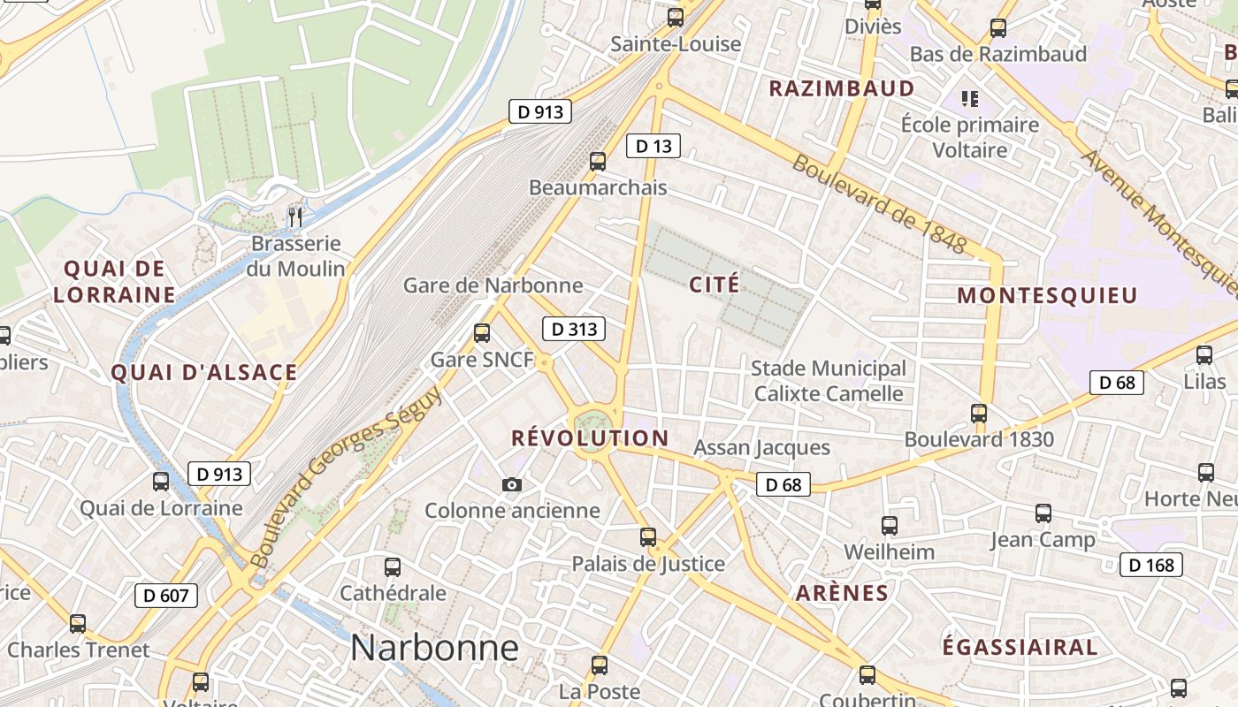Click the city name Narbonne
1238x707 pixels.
click(434, 648)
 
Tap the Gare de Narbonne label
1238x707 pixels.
click(493, 285)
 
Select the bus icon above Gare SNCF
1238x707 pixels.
click(482, 333)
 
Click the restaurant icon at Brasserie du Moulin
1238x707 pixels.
click(295, 217)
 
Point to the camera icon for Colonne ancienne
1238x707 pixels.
click(511, 484)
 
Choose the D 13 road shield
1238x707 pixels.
click(653, 146)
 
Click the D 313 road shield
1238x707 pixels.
click(574, 330)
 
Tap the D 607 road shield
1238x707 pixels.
click(166, 596)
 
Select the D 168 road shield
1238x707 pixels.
click(1151, 565)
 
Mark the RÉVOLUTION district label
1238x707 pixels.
click(590, 438)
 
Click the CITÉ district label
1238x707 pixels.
click(714, 285)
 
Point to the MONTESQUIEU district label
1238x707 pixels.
click(1047, 295)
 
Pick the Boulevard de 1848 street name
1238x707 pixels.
click(878, 203)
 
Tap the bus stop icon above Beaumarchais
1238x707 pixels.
click(598, 162)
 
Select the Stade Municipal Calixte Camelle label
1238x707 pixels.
click(828, 380)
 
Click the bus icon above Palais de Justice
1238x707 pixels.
click(648, 536)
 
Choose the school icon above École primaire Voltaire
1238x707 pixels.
click(970, 98)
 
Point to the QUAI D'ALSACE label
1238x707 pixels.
click(204, 372)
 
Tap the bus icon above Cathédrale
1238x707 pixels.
click(393, 567)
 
